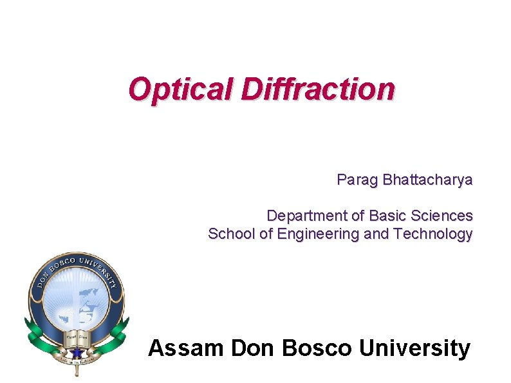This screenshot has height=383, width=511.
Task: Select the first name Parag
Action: [x=357, y=180]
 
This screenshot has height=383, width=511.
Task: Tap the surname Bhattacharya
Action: [x=427, y=180]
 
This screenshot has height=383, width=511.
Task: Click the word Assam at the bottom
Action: [x=185, y=348]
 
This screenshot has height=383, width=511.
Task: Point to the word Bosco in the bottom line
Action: [x=317, y=348]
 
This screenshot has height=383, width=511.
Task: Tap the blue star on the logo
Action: [x=77, y=352]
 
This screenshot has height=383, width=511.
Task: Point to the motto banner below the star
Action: [x=77, y=364]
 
